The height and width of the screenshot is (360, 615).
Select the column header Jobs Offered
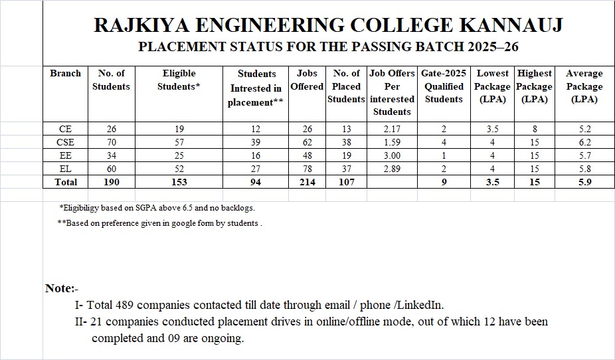307,80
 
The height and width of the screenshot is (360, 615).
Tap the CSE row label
65,142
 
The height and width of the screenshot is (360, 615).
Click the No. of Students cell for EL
111,169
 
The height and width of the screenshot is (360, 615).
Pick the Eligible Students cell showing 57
179,142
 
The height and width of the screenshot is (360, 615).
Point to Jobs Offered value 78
307,169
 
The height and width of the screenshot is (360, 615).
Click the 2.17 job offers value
392,129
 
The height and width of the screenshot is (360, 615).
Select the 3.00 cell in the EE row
392,155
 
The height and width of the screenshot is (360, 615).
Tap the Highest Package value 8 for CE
535,129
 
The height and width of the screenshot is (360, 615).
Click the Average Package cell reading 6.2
584,142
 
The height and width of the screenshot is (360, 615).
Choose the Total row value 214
307,182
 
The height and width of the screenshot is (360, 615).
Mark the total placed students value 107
346,182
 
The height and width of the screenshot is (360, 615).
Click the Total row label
65,182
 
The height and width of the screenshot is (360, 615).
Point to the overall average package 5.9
584,182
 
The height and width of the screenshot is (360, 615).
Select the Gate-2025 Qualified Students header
444,86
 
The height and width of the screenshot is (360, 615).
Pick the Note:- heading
62,288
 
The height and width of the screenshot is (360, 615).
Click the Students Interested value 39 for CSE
256,142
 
